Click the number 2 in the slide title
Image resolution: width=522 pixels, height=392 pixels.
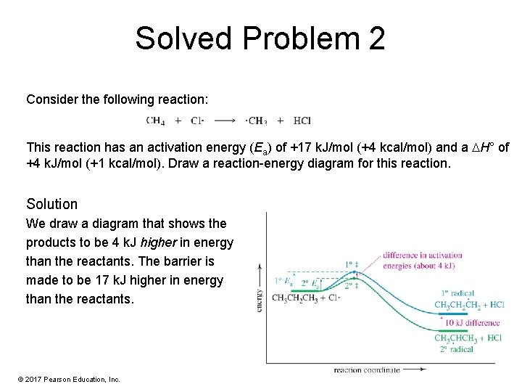click(376, 38)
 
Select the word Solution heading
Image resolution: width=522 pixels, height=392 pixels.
click(51, 203)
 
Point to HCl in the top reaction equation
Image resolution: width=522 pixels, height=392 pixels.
click(302, 121)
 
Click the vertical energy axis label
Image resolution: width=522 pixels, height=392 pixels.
click(259, 298)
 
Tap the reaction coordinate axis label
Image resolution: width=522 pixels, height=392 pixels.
click(366, 370)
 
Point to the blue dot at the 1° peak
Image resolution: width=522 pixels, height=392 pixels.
click(354, 274)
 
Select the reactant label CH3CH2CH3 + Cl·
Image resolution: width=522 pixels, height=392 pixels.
click(305, 298)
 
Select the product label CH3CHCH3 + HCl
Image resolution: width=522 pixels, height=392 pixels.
click(468, 338)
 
